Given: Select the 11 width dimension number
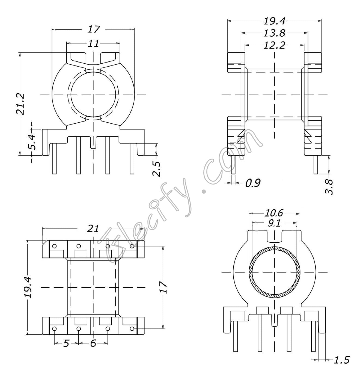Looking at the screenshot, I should pos(93,43).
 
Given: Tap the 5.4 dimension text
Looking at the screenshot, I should pos(32,142).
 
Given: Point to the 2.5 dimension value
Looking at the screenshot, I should pos(156,169).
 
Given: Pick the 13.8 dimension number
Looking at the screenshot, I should pos(274,33).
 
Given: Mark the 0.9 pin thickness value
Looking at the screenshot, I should pos(252,183).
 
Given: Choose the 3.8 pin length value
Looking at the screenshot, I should pos(329,187).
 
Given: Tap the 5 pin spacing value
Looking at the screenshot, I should pos(66,343).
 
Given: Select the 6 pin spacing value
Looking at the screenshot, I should pos(93,343).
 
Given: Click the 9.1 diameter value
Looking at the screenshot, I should pos(274,224).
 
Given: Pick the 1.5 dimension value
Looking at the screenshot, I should pos(342,360).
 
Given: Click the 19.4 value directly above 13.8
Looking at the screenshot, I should pos(274,21).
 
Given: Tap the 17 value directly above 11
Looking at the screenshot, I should pos(94,29).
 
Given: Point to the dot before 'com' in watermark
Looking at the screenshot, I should pos(203,191).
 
